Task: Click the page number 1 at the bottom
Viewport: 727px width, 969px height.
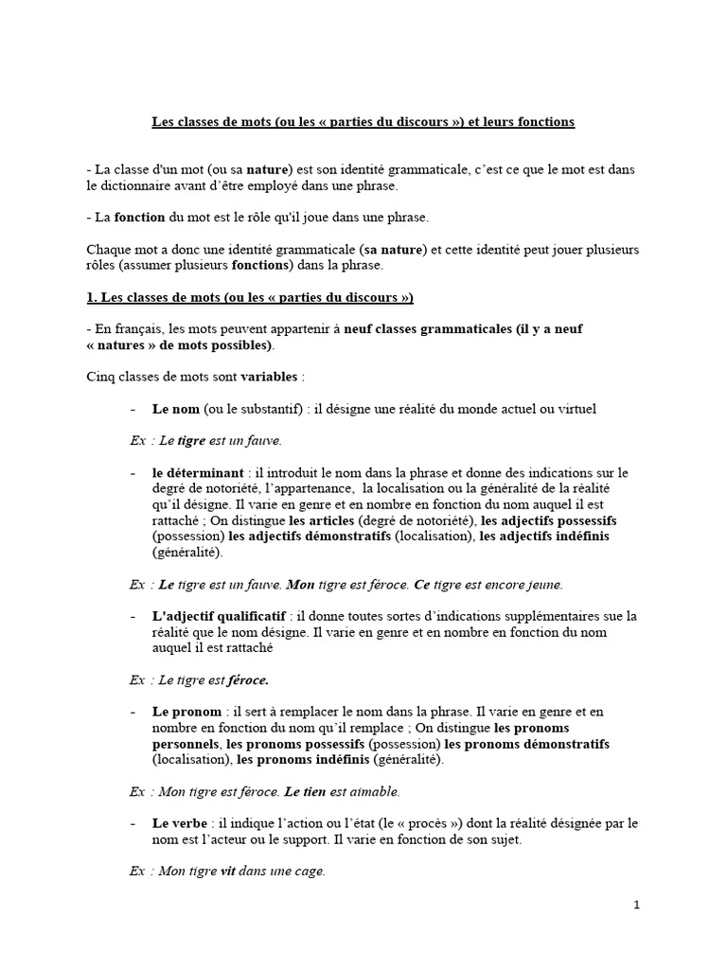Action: click(637, 905)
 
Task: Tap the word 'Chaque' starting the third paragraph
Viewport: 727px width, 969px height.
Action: click(106, 250)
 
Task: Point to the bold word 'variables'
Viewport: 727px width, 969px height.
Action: click(270, 377)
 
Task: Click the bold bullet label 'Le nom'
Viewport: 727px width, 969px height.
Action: click(173, 409)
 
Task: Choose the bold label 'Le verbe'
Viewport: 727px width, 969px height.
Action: click(181, 823)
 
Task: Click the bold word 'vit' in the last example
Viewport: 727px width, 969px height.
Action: click(227, 872)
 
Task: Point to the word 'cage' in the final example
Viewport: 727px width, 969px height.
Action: click(306, 872)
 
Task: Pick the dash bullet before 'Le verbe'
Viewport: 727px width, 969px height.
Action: click(133, 823)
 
